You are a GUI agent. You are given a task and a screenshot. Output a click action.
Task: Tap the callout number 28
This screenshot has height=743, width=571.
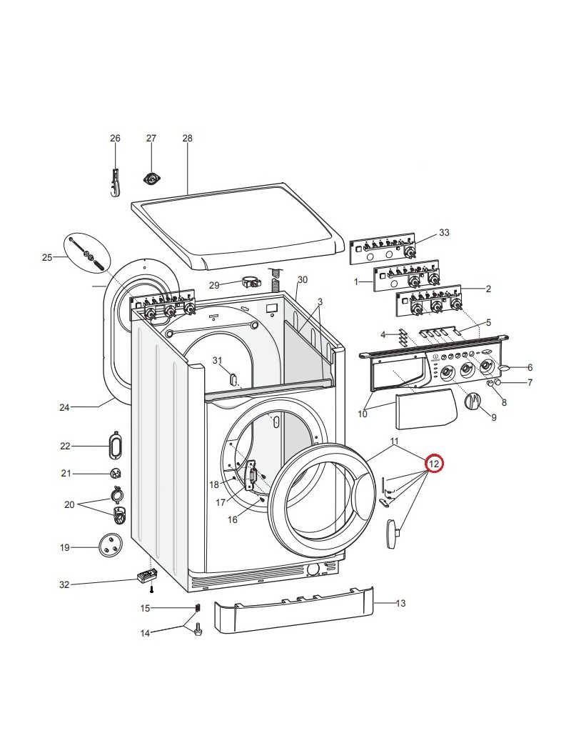(188, 139)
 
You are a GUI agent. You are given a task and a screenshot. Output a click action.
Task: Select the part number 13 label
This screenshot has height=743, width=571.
(400, 604)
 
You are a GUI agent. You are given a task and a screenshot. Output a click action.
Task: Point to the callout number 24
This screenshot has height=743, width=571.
(64, 408)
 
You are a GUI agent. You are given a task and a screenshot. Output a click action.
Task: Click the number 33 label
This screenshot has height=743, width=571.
(444, 233)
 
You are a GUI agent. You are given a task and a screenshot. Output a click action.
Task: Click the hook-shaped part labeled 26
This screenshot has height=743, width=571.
(116, 182)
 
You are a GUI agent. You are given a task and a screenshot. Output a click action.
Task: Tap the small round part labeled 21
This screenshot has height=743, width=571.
(114, 473)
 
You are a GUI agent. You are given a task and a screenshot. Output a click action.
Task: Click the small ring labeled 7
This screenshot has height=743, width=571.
(498, 382)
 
